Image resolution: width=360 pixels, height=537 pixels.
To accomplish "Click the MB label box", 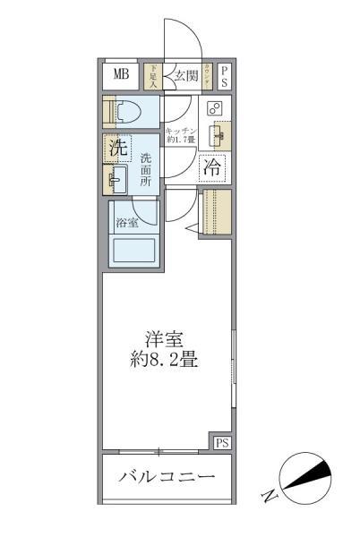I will [x=119, y=74].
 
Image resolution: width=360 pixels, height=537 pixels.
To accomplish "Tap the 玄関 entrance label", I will [x=185, y=75].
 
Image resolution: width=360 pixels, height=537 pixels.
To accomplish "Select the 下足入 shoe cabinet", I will [x=153, y=75].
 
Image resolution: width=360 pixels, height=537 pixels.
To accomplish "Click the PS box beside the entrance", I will [x=225, y=76].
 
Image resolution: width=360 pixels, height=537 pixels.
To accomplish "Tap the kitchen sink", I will [x=216, y=136].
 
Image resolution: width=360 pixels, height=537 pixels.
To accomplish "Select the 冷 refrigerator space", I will [x=212, y=166].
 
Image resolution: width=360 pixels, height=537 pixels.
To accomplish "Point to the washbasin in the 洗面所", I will [x=116, y=179].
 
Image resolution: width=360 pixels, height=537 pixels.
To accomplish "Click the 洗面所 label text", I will [x=146, y=170].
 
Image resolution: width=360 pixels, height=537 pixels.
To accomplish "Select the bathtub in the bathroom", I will [x=133, y=250].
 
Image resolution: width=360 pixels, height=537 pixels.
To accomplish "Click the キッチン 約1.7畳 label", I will [x=180, y=135].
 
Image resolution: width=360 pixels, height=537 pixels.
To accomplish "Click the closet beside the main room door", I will [x=214, y=212].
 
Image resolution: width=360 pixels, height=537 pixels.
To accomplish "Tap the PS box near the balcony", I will [x=221, y=442].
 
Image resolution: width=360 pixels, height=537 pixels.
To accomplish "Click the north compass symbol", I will [x=304, y=480].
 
